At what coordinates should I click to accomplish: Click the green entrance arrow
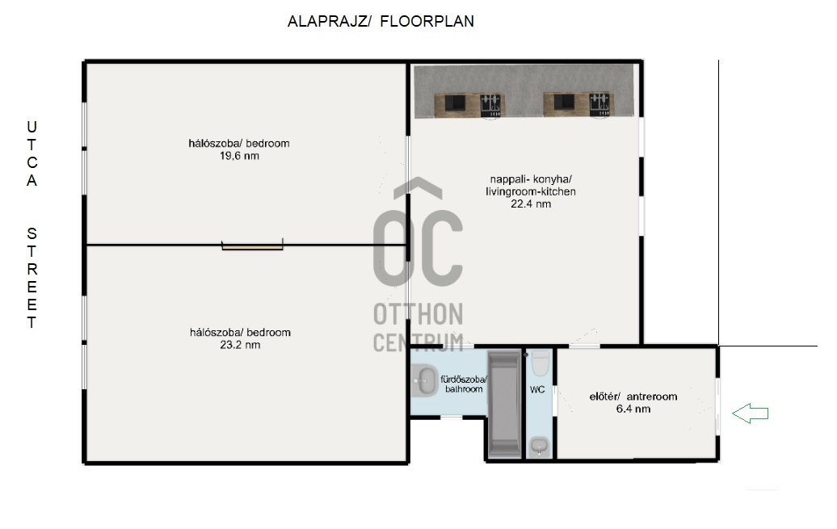pyautogui.click(x=750, y=414)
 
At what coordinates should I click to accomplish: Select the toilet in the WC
pyautogui.click(x=540, y=363)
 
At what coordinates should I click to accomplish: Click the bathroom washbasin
pyautogui.click(x=425, y=380)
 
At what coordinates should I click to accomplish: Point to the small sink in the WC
pyautogui.click(x=539, y=446)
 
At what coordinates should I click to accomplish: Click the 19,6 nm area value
pyautogui.click(x=239, y=156)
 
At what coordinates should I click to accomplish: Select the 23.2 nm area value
pyautogui.click(x=240, y=345)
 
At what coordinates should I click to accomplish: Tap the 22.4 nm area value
pyautogui.click(x=531, y=204)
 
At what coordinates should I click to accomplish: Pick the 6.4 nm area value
pyautogui.click(x=633, y=409)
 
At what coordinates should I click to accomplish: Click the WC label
pyautogui.click(x=537, y=389)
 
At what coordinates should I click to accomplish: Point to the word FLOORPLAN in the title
pyautogui.click(x=427, y=21)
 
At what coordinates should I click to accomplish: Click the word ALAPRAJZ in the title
pyautogui.click(x=330, y=21)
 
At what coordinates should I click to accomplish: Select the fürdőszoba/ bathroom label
pyautogui.click(x=464, y=384)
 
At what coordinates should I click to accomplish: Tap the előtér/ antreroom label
pyautogui.click(x=633, y=397)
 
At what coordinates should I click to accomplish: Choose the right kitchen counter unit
pyautogui.click(x=578, y=104)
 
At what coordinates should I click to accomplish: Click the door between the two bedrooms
pyautogui.click(x=253, y=246)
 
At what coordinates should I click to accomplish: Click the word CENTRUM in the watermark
pyautogui.click(x=418, y=342)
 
